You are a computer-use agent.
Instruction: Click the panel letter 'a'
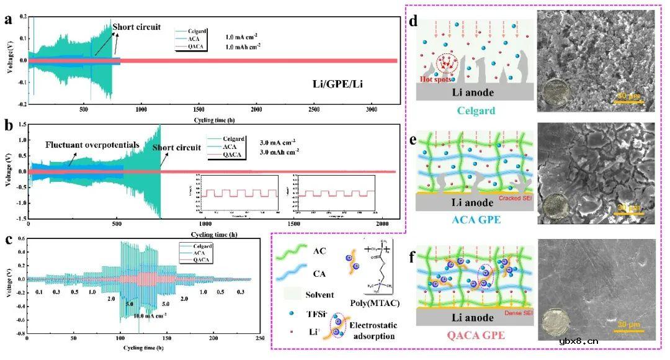click(x=8, y=19)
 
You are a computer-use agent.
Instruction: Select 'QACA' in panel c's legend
click(x=202, y=260)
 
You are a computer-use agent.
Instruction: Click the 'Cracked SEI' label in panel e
click(x=514, y=199)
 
